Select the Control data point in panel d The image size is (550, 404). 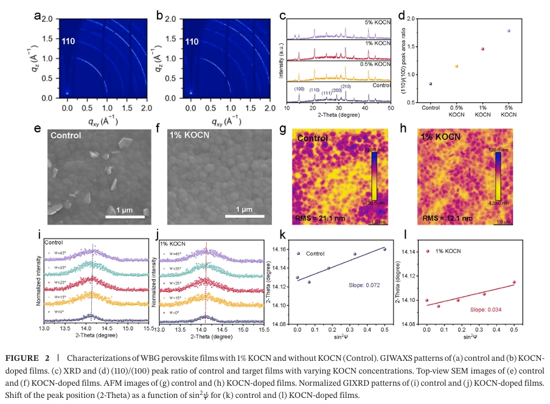[x=431, y=84]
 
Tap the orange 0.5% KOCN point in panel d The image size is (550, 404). [x=456, y=66]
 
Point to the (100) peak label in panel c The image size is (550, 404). [x=299, y=89]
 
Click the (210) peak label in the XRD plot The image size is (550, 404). [x=346, y=86]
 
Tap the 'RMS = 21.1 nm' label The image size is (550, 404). [x=319, y=218]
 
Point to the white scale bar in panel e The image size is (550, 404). [x=125, y=217]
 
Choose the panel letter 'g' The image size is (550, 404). [x=282, y=129]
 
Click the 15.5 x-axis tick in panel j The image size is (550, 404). [x=262, y=329]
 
